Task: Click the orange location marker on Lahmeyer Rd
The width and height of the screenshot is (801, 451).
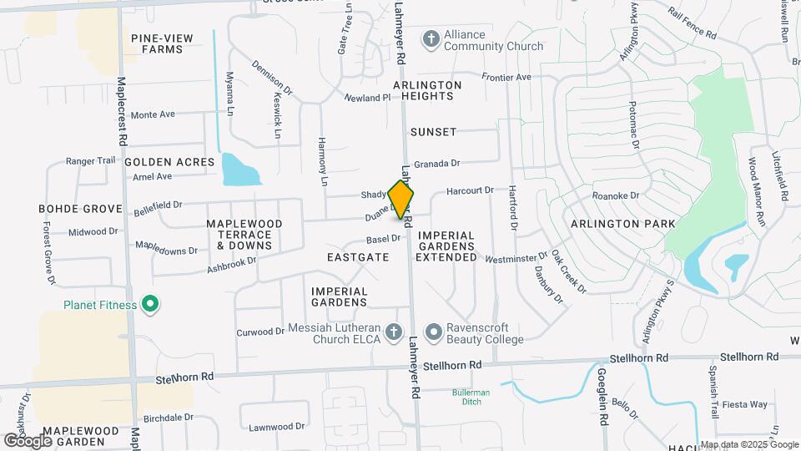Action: point(401,200)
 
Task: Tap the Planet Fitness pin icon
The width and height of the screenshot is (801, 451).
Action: point(150,305)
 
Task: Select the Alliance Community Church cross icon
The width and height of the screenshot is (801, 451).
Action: point(431,38)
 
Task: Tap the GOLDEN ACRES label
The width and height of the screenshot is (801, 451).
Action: point(169,162)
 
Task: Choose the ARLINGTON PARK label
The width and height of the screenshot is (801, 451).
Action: point(623,224)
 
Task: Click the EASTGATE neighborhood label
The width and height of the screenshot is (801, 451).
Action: point(358,257)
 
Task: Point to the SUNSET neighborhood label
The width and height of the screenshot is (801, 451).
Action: point(433,132)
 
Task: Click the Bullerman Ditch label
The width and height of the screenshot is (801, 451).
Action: point(471,397)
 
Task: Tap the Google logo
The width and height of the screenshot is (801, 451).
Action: point(28,439)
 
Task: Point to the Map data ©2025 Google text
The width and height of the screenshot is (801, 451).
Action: point(749,445)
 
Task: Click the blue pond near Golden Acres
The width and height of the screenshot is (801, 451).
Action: point(240,170)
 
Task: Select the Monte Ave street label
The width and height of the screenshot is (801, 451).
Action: point(152,114)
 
